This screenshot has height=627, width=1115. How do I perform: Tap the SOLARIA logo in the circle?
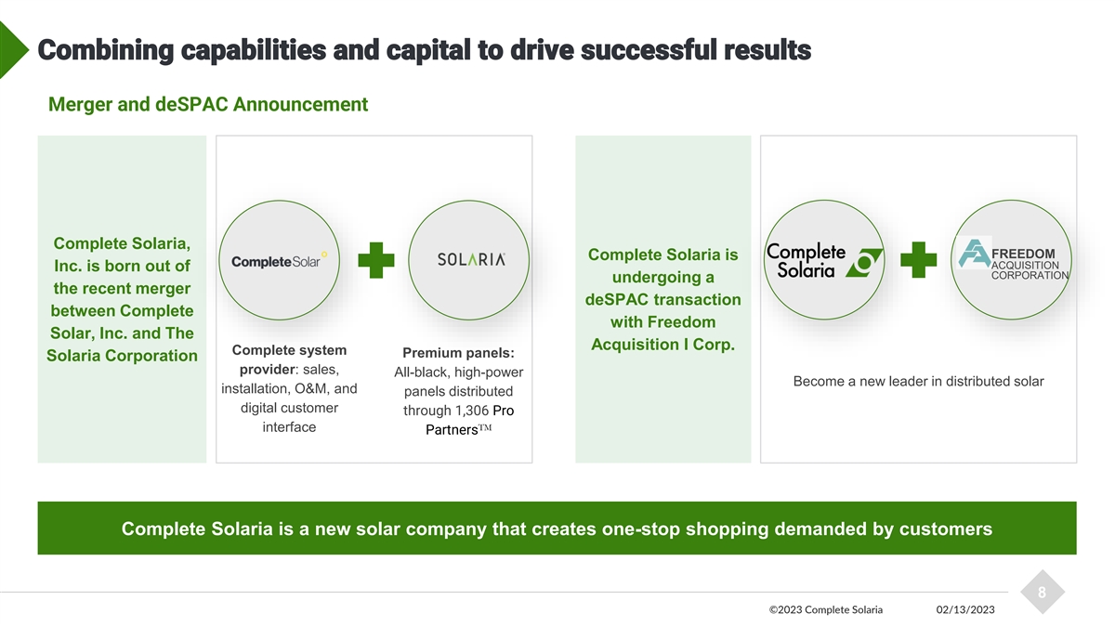[x=471, y=260]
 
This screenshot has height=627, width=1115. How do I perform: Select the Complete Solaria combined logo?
[x=821, y=260]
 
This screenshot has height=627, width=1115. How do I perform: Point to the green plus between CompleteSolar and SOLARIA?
[x=375, y=261]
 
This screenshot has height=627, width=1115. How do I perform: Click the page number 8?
[x=1042, y=592]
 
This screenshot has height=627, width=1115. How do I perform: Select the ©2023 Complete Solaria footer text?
[x=826, y=609]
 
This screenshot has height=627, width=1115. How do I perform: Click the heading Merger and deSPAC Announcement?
[x=207, y=104]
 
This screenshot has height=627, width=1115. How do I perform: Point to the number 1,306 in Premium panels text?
[x=472, y=411]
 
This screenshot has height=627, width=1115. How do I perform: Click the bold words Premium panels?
[x=458, y=353]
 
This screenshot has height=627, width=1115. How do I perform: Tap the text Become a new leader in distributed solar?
[x=918, y=382]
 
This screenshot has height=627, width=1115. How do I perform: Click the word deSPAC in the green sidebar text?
[x=616, y=299]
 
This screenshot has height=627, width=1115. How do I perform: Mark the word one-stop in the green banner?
[x=642, y=529]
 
